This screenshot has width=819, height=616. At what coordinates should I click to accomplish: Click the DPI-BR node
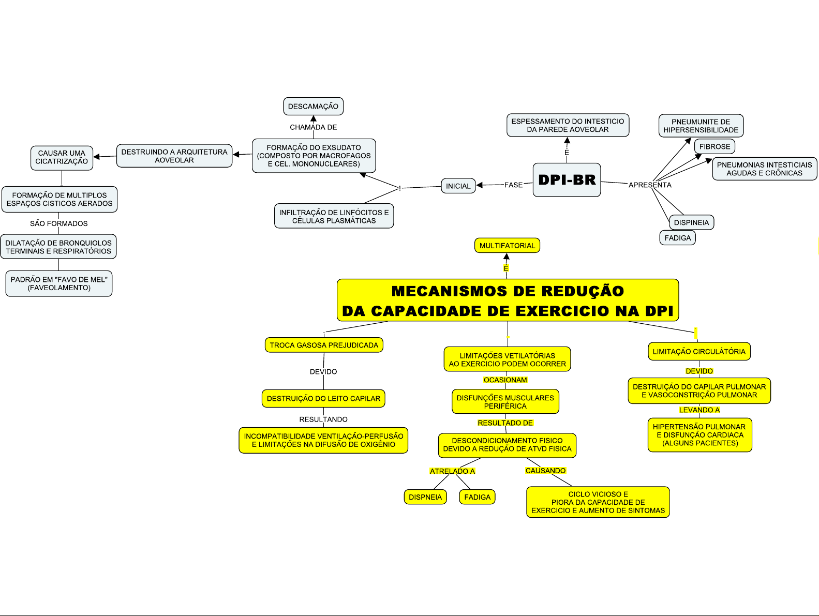click(x=567, y=180)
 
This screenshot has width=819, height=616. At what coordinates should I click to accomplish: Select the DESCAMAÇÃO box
click(x=313, y=107)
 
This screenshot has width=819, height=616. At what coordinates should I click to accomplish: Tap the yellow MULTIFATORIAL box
click(x=507, y=246)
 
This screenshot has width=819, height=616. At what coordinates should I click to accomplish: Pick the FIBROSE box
click(x=714, y=147)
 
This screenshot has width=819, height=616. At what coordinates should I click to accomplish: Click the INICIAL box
click(x=458, y=186)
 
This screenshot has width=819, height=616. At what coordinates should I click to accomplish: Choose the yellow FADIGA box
click(x=477, y=497)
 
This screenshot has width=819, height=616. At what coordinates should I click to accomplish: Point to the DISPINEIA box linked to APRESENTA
click(x=691, y=223)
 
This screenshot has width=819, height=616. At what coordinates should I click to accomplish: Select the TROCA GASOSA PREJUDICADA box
click(x=324, y=345)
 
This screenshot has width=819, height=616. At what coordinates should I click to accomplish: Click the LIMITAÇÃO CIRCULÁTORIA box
click(x=699, y=352)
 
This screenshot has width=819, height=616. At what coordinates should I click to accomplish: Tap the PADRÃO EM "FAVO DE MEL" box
click(x=59, y=284)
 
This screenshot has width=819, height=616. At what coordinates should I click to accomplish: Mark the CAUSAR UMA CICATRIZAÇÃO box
click(x=62, y=157)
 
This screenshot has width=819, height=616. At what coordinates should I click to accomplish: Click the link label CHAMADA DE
click(x=313, y=127)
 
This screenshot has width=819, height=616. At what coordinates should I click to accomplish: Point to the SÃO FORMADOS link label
click(x=58, y=223)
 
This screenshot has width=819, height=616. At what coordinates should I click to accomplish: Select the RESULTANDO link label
click(x=323, y=419)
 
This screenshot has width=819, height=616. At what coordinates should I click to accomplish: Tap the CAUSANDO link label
click(x=545, y=471)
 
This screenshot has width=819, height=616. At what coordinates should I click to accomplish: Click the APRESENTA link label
click(x=650, y=185)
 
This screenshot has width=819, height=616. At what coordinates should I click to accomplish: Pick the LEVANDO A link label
click(x=699, y=410)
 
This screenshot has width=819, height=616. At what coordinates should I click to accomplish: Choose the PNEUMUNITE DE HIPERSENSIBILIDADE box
click(x=701, y=126)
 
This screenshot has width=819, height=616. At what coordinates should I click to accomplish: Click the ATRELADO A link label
click(x=452, y=471)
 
